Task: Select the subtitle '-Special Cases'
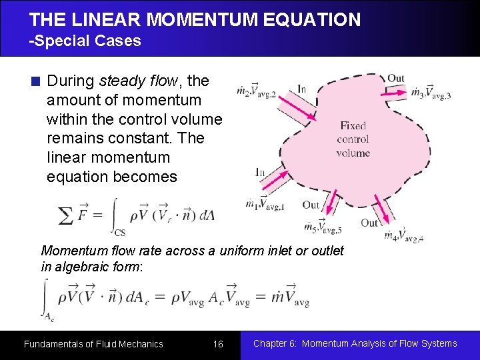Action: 85,41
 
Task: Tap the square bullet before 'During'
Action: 36,82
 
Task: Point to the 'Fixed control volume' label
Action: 353,139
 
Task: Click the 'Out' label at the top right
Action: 396,79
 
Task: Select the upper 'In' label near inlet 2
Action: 301,89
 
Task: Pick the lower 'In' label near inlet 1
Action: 261,172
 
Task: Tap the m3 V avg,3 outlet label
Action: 431,93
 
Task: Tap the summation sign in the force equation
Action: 66,216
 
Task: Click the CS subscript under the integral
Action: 120,233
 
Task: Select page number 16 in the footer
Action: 218,344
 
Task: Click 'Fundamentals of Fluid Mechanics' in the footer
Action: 93,344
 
